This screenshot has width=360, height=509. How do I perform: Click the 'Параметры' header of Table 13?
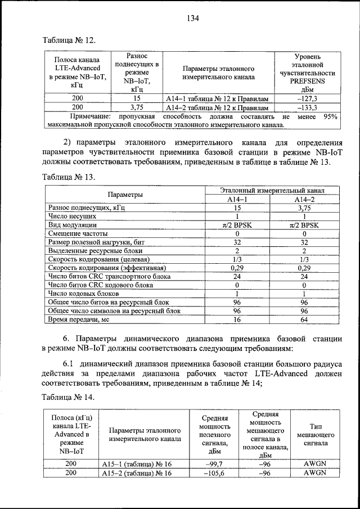click(125, 194)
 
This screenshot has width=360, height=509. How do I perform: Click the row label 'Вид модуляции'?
click(73, 224)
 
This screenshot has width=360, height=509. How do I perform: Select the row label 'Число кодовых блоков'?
click(84, 294)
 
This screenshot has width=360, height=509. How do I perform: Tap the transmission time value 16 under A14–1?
click(237, 319)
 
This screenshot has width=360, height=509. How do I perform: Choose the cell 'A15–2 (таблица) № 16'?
click(137, 474)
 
